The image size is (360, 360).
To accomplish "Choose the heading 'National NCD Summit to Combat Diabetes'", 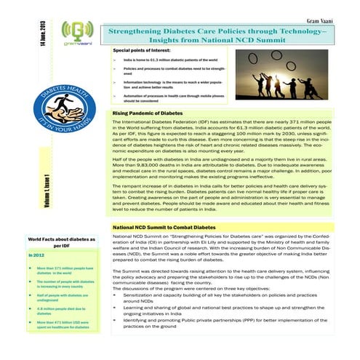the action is (x=169, y=228).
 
